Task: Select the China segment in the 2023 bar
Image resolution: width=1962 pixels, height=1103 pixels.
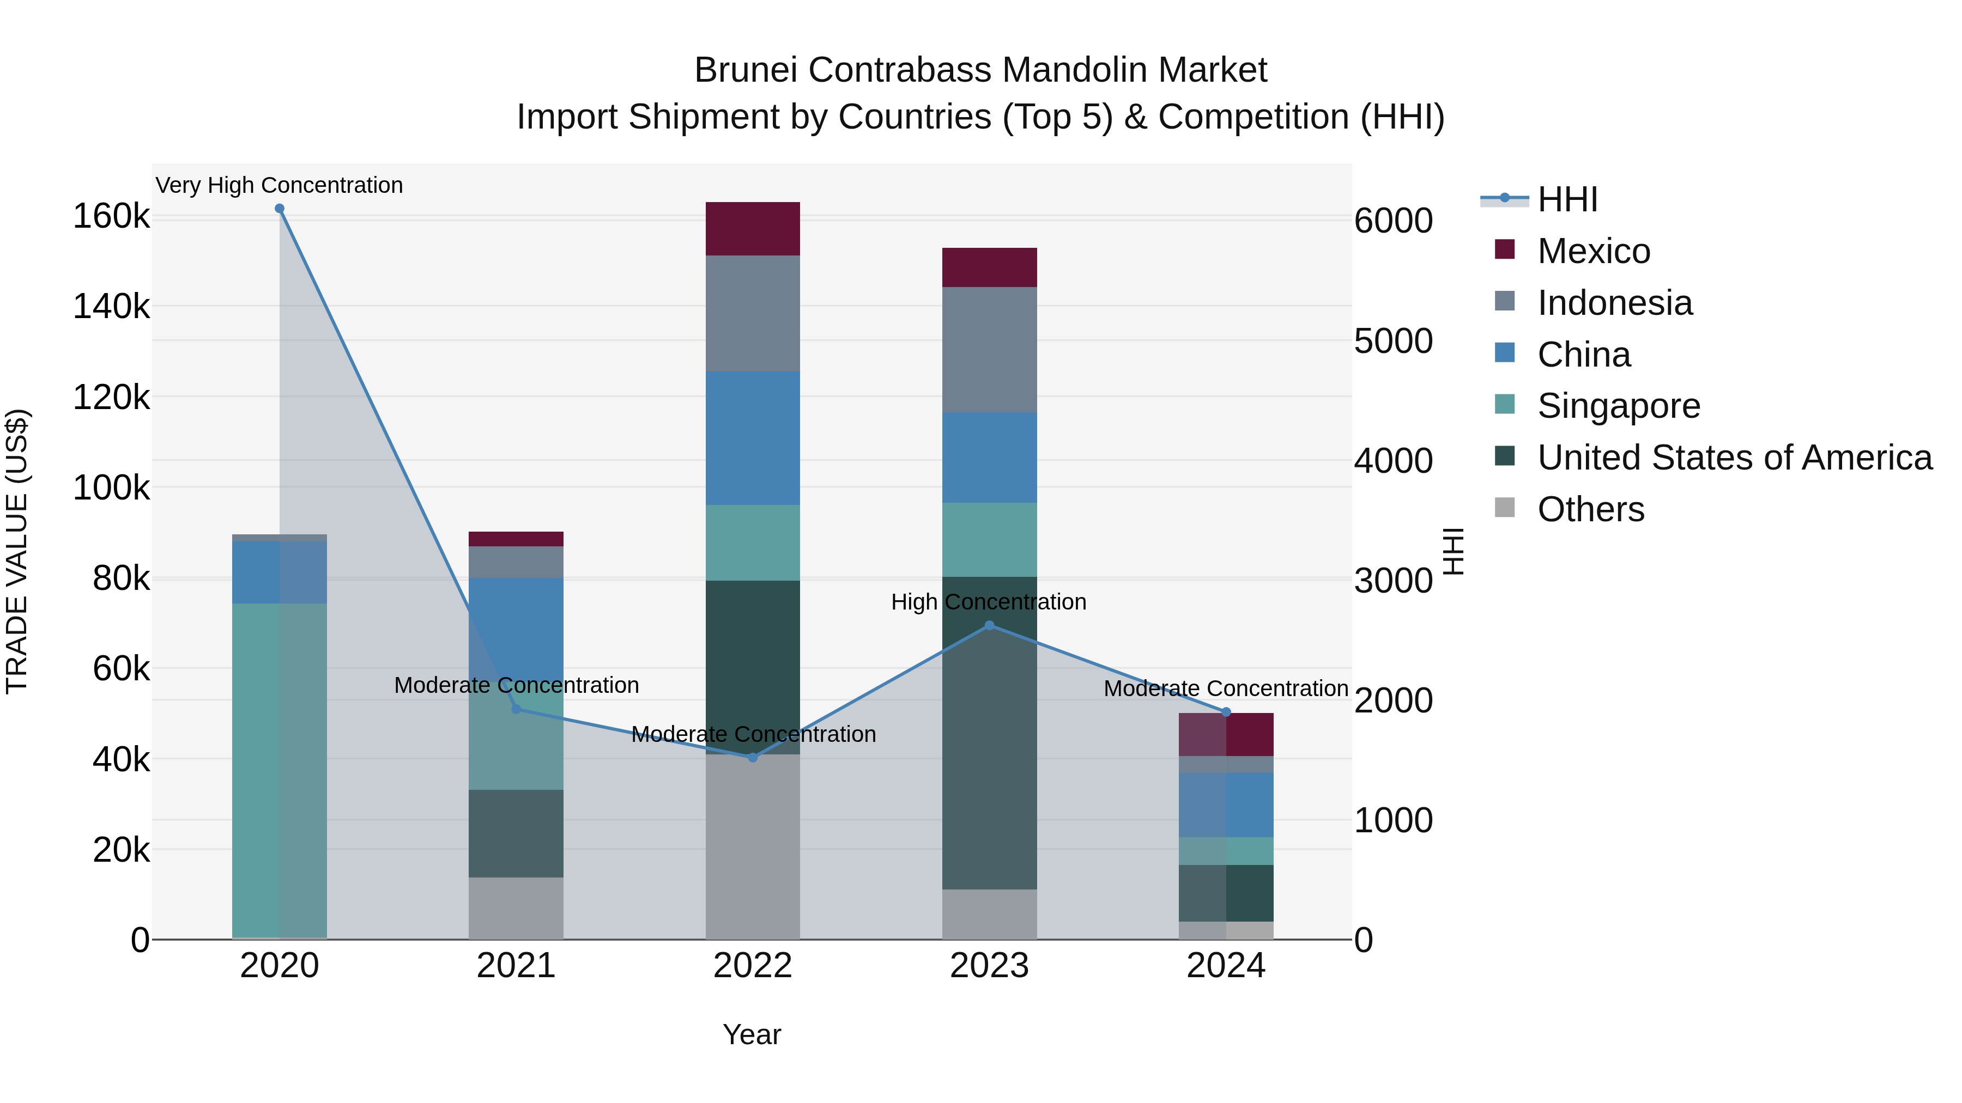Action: tap(989, 458)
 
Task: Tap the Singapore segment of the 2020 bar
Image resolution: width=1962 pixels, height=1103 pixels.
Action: tap(278, 769)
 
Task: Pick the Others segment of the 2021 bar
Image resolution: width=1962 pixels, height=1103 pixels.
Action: tap(516, 907)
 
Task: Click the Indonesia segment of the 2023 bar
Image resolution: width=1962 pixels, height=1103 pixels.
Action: tap(989, 349)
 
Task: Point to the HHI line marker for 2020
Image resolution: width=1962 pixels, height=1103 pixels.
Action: tap(280, 209)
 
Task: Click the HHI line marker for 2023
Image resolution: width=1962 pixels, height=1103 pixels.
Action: tap(989, 626)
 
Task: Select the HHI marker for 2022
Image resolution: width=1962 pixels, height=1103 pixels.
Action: tap(753, 758)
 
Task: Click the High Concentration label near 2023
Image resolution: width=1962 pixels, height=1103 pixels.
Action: tap(989, 602)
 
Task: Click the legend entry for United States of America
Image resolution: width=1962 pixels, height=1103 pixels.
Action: tap(1734, 458)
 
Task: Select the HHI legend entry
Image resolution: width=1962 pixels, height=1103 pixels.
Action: tap(1567, 199)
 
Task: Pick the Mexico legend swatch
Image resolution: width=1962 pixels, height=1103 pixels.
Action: tap(1505, 249)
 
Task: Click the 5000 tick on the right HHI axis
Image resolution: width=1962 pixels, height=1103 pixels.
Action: tap(1393, 341)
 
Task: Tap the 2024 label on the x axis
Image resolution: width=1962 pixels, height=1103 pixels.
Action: tap(1226, 966)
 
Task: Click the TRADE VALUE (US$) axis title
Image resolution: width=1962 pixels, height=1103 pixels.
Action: tap(17, 551)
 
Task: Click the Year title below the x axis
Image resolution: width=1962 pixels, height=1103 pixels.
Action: tap(752, 1034)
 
